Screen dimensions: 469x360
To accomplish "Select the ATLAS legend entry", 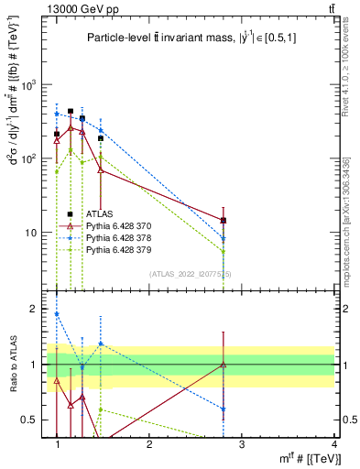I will click(99, 213).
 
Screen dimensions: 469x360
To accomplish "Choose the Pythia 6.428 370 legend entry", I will click(117, 225).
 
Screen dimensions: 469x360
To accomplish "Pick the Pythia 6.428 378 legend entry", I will click(117, 237).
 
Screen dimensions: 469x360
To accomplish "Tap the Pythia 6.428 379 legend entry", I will click(117, 249).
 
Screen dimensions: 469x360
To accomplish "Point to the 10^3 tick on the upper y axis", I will click(30, 84).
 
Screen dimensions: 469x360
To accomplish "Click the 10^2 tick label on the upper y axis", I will click(30, 158).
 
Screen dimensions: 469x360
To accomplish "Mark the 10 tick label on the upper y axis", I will click(33, 233).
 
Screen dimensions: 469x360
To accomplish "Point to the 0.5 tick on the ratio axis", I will click(31, 420).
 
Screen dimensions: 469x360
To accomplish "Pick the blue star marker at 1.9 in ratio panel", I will click(57, 314).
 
